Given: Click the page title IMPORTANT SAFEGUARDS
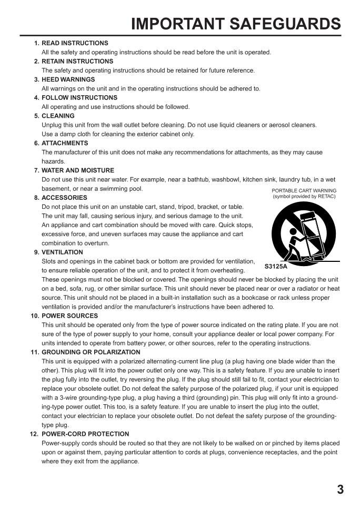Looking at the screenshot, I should click(x=236, y=24).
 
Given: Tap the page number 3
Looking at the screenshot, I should click(x=340, y=490).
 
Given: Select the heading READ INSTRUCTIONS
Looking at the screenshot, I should click(x=75, y=43).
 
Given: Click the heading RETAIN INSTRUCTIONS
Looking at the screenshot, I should click(x=77, y=62).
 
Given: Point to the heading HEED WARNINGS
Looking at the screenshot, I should click(x=68, y=79).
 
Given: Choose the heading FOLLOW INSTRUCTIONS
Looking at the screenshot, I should click(x=79, y=98).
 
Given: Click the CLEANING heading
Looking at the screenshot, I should click(x=58, y=116).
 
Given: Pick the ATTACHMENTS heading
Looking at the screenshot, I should click(x=65, y=143).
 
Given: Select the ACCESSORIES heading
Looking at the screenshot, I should click(x=64, y=198).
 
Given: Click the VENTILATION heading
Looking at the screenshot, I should click(x=62, y=252).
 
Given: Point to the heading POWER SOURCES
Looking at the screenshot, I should click(x=69, y=316).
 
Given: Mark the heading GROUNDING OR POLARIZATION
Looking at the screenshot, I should click(x=91, y=352).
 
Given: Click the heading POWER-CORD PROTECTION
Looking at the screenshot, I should click(x=85, y=434).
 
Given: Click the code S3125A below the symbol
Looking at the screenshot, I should click(x=276, y=267).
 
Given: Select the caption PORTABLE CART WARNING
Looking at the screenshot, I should click(x=304, y=191).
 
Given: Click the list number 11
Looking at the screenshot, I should click(x=35, y=352).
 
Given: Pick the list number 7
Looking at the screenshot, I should click(x=36, y=170).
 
